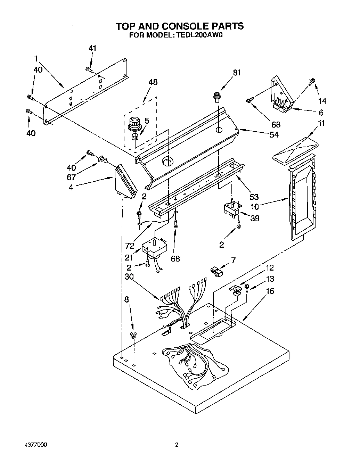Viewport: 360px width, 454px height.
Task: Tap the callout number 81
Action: point(237,73)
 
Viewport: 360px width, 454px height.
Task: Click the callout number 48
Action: point(153,82)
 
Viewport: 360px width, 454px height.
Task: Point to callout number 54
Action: point(274,134)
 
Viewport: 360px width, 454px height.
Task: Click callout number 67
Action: point(72,177)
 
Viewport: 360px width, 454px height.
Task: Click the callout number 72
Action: point(130,246)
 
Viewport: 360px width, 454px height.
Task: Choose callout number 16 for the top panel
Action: point(270,291)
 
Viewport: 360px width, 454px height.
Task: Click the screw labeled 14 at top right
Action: point(312,81)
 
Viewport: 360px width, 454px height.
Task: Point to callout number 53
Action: point(254,197)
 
